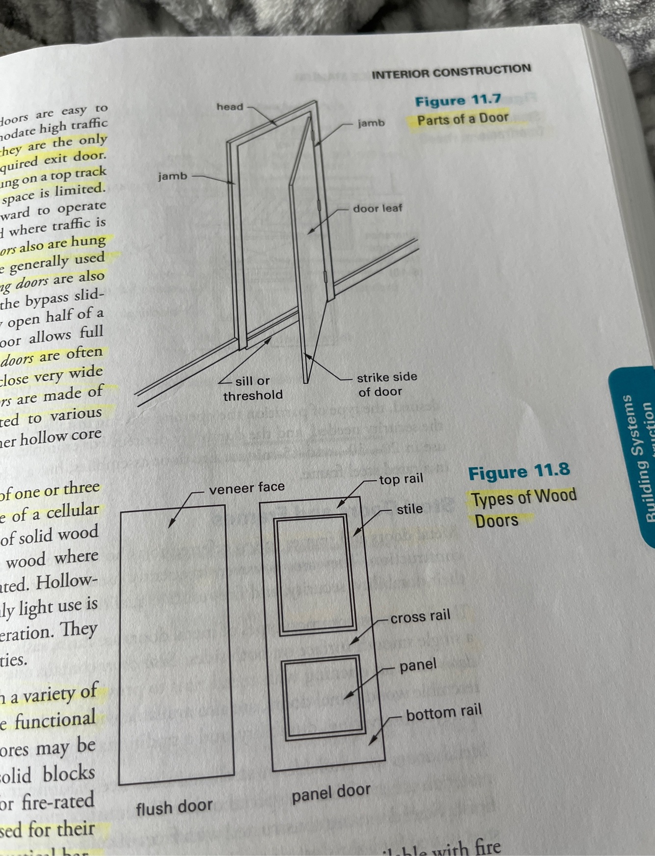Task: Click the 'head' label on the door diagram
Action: click(230, 106)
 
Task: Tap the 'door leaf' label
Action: click(377, 208)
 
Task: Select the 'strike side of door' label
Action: click(386, 384)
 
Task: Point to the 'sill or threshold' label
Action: click(253, 388)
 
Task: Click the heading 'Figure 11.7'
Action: click(458, 101)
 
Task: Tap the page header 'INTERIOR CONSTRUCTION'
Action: click(451, 72)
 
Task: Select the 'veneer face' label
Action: click(246, 488)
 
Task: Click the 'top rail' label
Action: click(401, 479)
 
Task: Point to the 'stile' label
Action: click(409, 509)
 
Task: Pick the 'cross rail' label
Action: click(420, 616)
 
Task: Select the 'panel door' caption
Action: click(331, 793)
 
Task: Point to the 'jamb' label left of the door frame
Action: click(172, 176)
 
